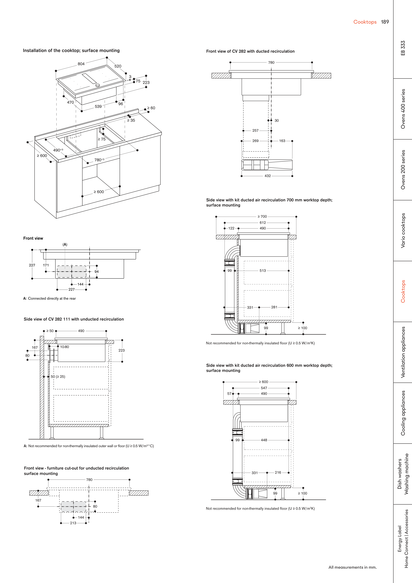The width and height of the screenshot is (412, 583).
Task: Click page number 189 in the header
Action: (385, 22)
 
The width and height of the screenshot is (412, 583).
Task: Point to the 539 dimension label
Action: (98, 106)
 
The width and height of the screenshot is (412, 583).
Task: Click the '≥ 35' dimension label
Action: (131, 120)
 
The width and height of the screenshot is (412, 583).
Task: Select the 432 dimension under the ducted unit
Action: (268, 176)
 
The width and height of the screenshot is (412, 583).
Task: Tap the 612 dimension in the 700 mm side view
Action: (263, 223)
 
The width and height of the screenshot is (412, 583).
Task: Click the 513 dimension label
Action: (263, 271)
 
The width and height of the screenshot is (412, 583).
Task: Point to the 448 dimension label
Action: (264, 440)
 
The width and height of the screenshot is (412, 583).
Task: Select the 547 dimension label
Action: (264, 388)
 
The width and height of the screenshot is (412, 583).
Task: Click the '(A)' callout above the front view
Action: (65, 244)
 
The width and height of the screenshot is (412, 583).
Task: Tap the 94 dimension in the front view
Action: (97, 271)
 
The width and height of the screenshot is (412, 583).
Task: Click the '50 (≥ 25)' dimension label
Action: (58, 377)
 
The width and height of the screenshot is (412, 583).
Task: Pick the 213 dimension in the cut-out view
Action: (73, 523)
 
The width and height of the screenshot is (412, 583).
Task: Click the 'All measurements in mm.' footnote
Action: (352, 567)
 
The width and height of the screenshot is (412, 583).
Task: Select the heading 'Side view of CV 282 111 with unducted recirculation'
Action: (74, 319)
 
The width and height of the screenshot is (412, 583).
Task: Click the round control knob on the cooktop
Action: (98, 85)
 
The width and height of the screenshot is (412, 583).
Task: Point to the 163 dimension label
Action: (282, 141)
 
